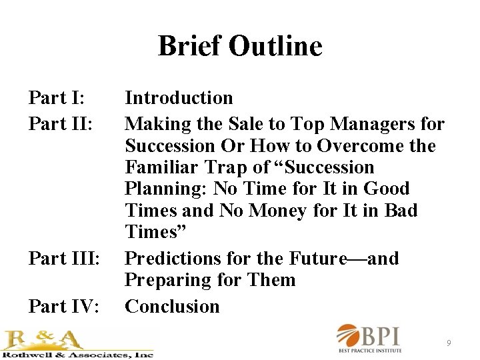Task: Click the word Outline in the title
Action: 275,47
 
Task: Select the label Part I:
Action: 56,98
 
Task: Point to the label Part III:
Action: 64,259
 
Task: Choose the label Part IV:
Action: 64,307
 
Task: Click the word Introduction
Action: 179,98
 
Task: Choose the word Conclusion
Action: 172,307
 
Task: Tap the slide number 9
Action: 449,343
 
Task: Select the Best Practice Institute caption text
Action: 380,350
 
